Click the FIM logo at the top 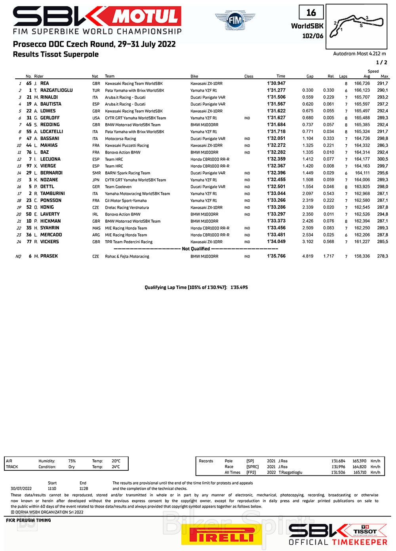click(x=235, y=20)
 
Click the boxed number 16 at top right click(x=311, y=13)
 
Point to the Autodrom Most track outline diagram click(x=356, y=26)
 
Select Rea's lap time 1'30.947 click(x=276, y=83)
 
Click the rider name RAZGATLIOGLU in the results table click(x=56, y=91)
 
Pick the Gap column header click(x=310, y=76)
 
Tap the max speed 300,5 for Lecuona click(x=383, y=159)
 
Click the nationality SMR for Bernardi click(x=96, y=173)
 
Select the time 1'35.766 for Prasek click(x=276, y=256)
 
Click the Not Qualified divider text click(x=196, y=249)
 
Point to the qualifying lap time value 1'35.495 click(x=239, y=288)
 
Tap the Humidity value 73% click(x=72, y=461)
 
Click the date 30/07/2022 click(x=21, y=489)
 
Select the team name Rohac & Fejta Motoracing click(x=127, y=257)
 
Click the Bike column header click(x=194, y=76)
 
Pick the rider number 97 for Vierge click(x=29, y=166)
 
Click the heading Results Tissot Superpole click(x=56, y=55)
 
